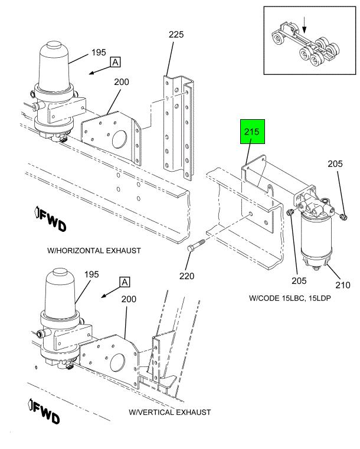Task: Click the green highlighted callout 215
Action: pyautogui.click(x=253, y=132)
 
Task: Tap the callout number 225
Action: pyautogui.click(x=176, y=35)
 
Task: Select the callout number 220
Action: pyautogui.click(x=186, y=276)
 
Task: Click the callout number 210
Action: pyautogui.click(x=343, y=285)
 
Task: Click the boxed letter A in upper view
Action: pyautogui.click(x=116, y=62)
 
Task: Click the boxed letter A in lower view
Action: pyautogui.click(x=125, y=282)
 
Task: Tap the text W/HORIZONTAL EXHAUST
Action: pyautogui.click(x=94, y=251)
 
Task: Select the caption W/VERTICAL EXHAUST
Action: pyautogui.click(x=169, y=412)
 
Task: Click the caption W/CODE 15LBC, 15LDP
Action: pyautogui.click(x=290, y=298)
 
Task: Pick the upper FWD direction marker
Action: pyautogui.click(x=51, y=218)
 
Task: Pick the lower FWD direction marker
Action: pyautogui.click(x=44, y=411)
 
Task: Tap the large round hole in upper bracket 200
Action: pyautogui.click(x=119, y=140)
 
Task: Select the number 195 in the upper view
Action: pyautogui.click(x=99, y=53)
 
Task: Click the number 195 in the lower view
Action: pyautogui.click(x=91, y=274)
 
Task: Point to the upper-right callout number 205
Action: pyautogui.click(x=335, y=164)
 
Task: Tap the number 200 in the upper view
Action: pyautogui.click(x=122, y=82)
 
